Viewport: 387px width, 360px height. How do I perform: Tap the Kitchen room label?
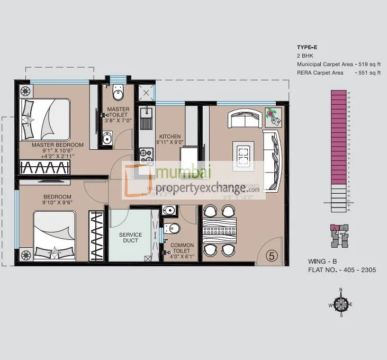[170, 137]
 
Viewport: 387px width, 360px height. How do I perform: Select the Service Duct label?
[130, 238]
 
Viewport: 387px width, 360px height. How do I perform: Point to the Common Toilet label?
[182, 248]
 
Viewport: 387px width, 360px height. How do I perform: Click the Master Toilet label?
[118, 112]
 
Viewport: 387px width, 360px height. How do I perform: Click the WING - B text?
[322, 262]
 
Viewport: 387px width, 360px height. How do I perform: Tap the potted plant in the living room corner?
[272, 113]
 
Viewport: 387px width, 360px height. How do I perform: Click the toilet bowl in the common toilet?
[173, 228]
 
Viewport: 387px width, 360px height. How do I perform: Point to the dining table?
[219, 230]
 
